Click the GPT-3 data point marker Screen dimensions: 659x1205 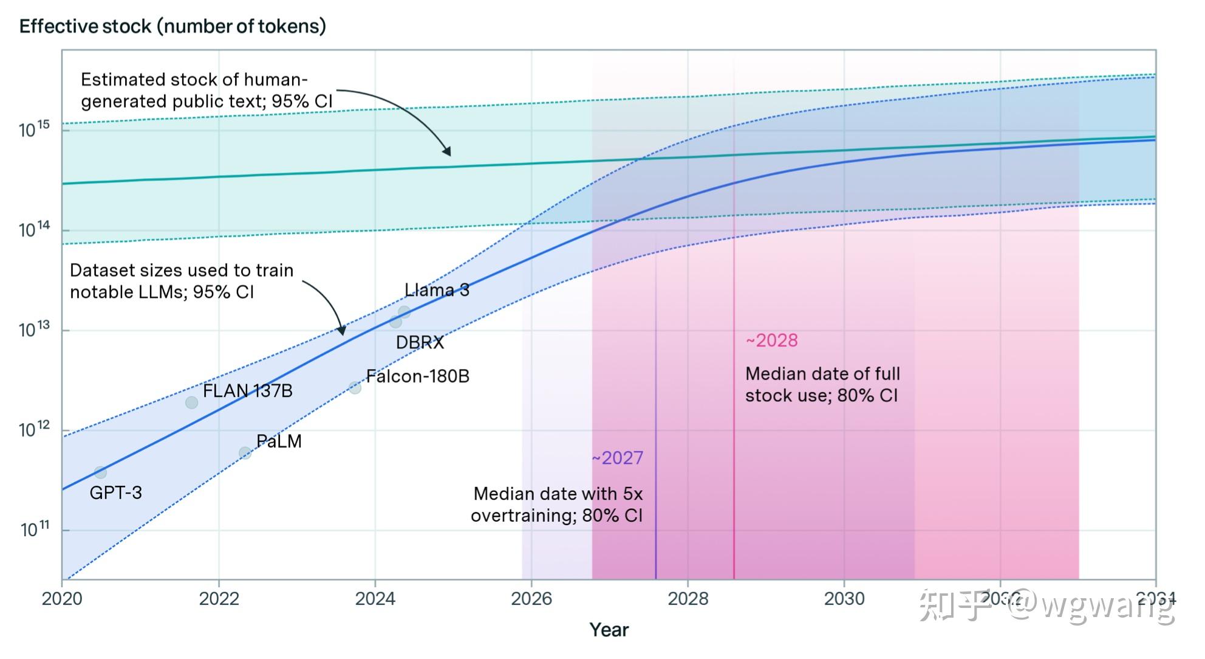100,472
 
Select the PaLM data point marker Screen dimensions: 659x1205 245,453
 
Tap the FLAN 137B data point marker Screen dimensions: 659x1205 191,402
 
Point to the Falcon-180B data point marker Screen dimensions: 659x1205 355,388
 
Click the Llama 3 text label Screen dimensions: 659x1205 437,290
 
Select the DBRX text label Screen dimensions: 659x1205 420,342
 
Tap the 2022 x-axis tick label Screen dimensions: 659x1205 219,599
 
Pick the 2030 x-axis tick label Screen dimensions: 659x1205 844,599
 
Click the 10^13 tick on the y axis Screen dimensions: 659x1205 35,329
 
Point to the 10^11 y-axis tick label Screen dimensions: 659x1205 35,530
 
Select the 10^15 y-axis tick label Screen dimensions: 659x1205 35,129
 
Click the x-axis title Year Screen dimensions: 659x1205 609,630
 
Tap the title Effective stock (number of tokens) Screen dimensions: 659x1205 172,26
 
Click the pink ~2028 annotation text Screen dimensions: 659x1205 771,340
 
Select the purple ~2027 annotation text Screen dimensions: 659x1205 617,458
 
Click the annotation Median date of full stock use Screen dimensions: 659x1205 822,384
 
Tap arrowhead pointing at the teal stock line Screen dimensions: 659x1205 447,152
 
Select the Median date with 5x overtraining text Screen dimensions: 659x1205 557,505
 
